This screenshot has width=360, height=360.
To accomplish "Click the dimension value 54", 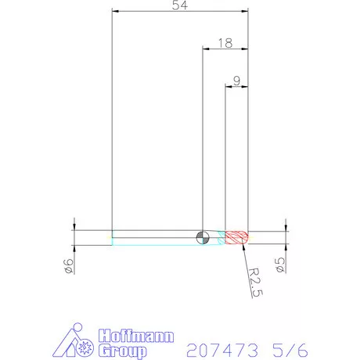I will click(x=180, y=5).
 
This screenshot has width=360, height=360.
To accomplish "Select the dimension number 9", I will click(x=236, y=79).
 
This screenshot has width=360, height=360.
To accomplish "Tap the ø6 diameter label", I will click(x=69, y=266).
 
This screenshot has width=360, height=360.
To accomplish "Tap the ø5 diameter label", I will click(x=279, y=265).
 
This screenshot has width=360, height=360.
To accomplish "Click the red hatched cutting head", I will click(x=237, y=236).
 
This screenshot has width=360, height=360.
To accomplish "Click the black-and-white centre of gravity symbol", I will click(x=203, y=236).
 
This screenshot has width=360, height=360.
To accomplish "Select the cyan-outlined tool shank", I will click(x=157, y=237).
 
